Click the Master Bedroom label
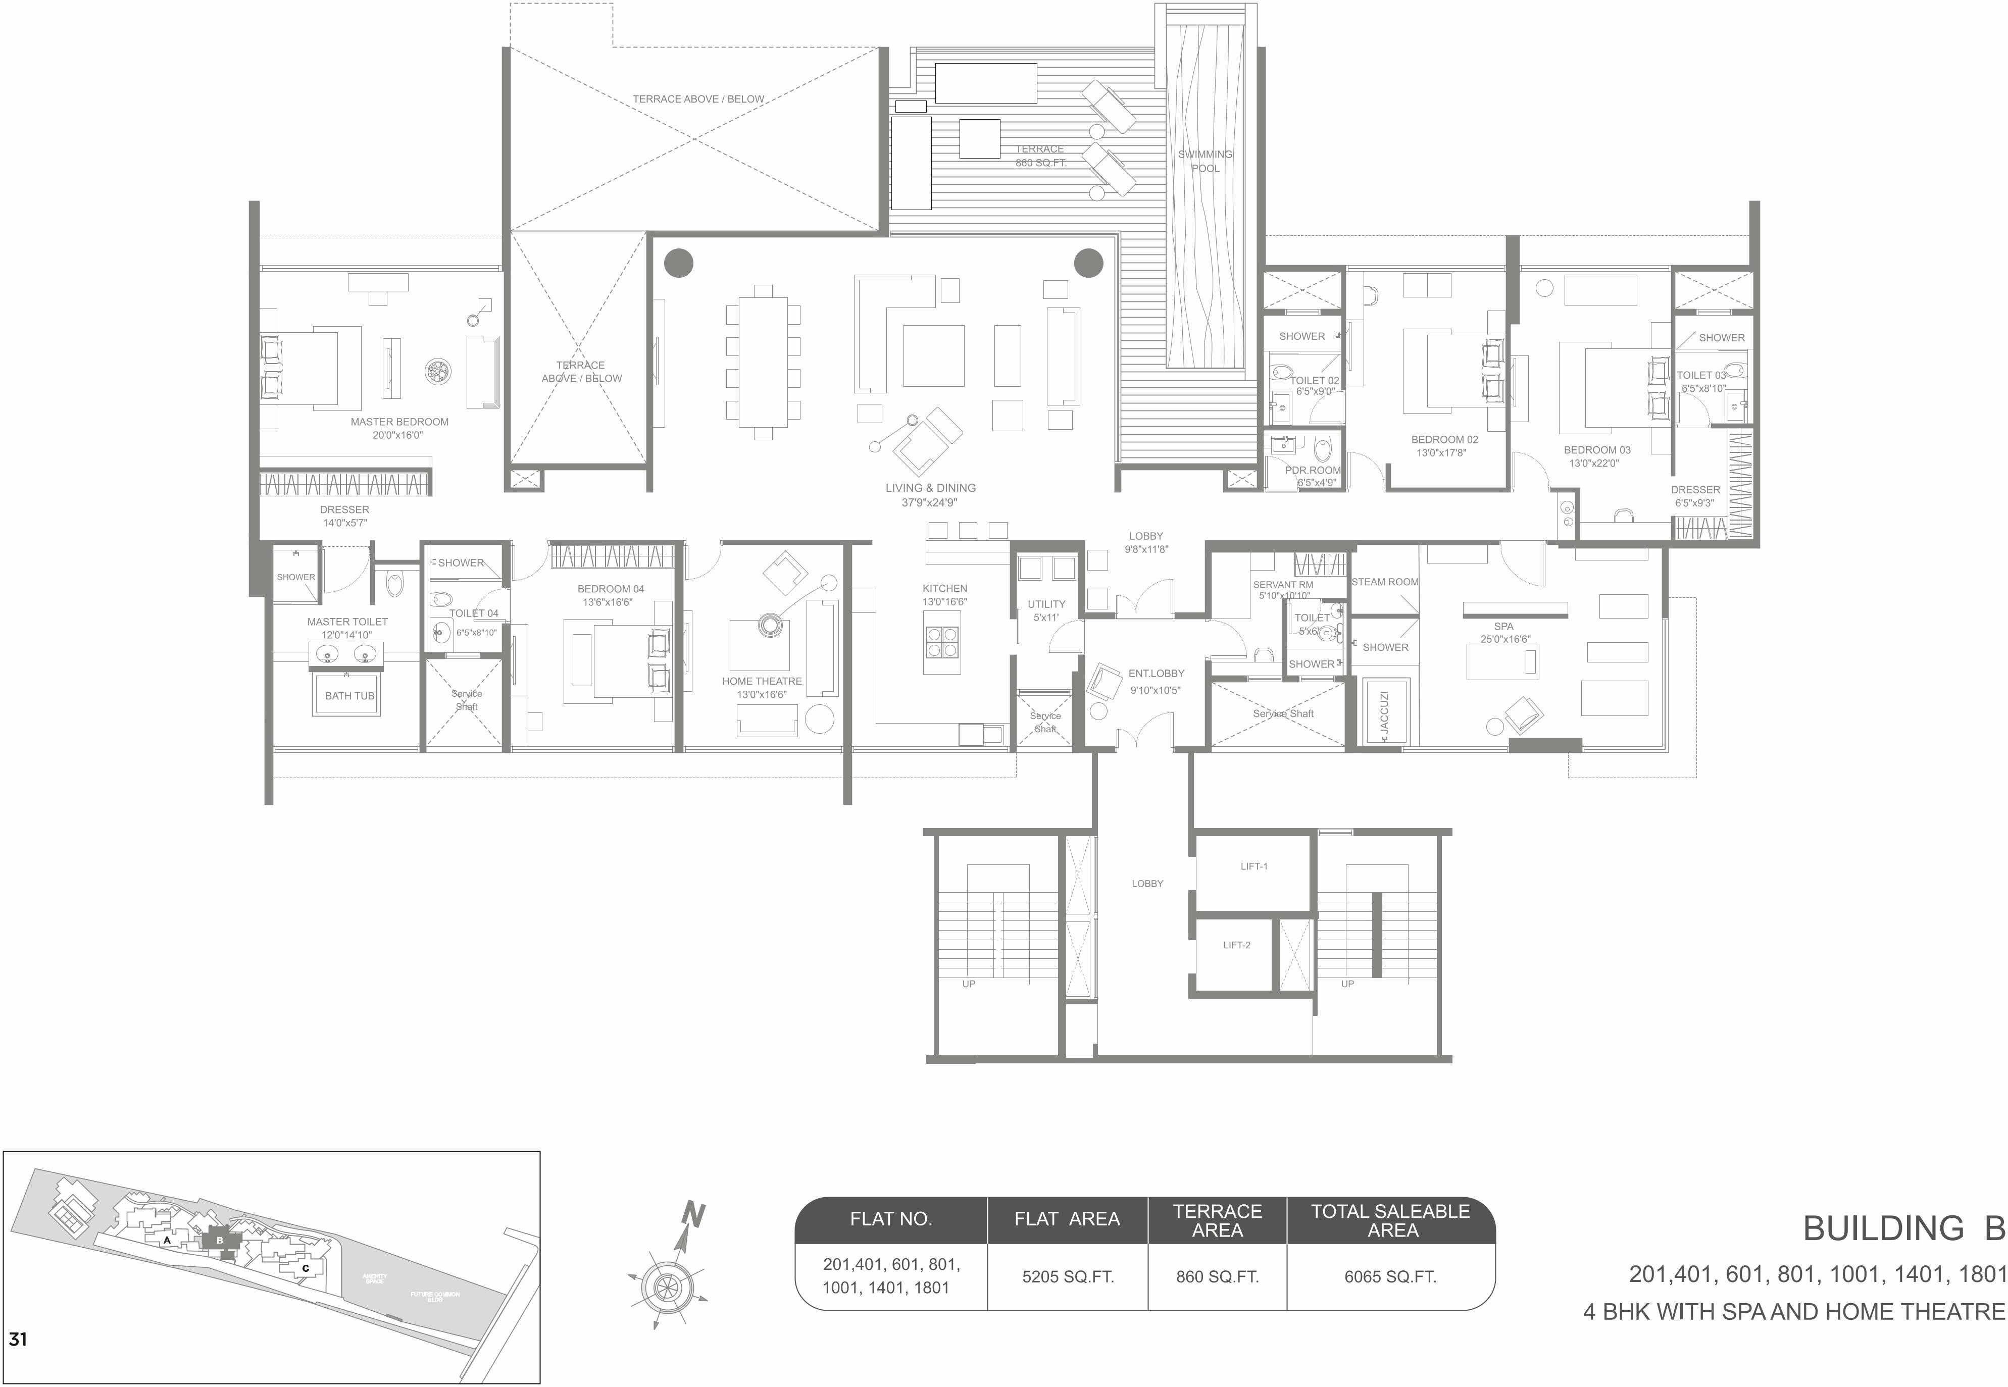tap(399, 422)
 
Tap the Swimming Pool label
tap(1205, 161)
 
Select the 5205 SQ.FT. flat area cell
tap(1068, 1276)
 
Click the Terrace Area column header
tap(1217, 1220)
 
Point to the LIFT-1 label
tap(1253, 866)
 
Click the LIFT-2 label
tap(1236, 945)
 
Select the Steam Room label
tap(1385, 582)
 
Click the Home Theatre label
tap(762, 681)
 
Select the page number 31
tap(17, 1339)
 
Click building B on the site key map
tap(219, 1240)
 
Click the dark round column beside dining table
tap(679, 263)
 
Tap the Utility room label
tap(1046, 604)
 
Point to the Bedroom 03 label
tap(1597, 450)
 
